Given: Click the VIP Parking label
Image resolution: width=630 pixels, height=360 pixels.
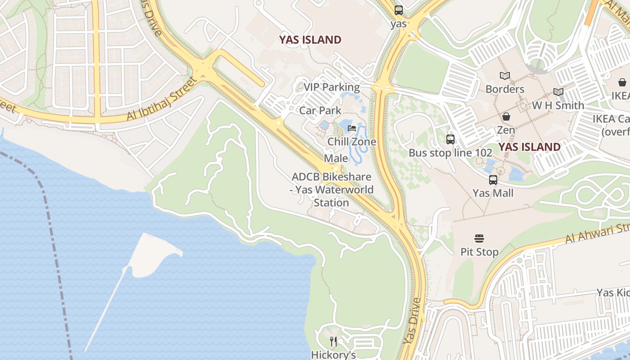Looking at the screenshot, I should point(332,87).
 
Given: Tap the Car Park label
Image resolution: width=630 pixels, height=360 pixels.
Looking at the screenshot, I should point(320,111).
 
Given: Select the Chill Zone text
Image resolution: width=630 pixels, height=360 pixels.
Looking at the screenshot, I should point(351,142).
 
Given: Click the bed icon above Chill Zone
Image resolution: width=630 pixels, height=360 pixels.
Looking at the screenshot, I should point(352,129).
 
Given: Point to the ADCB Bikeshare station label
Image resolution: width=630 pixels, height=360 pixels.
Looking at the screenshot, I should point(332,190).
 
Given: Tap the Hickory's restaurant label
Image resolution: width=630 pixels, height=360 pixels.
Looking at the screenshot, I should point(333,355).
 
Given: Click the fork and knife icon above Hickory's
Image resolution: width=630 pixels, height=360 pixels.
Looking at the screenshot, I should point(333,342).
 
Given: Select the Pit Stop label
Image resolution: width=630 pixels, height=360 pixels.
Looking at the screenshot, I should point(479,252).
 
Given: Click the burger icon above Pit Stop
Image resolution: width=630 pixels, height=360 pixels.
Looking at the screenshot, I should point(479,238).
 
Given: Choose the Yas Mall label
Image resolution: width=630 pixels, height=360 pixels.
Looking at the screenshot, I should point(493,193).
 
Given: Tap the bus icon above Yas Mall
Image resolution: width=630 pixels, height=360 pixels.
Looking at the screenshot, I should point(493,180).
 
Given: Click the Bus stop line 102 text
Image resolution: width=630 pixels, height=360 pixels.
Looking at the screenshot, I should point(450,153).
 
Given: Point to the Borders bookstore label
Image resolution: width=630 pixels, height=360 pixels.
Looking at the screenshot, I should point(504,89).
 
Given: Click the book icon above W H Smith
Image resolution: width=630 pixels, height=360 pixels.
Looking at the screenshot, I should point(558,92).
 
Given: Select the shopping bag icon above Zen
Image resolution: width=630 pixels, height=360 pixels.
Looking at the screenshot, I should point(506,117).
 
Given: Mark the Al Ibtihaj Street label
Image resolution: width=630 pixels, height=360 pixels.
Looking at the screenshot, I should point(162,99).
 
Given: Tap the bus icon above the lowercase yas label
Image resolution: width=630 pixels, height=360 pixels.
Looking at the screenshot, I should point(399,10).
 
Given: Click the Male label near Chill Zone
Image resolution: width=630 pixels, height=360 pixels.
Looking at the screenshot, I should point(336,158).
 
